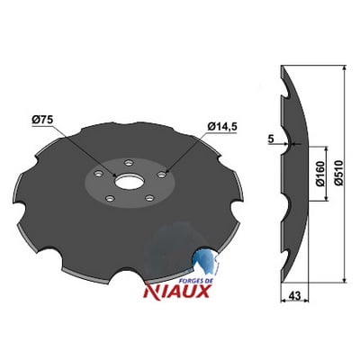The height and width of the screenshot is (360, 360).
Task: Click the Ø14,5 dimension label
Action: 222,127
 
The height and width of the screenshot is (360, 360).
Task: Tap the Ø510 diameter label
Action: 338,173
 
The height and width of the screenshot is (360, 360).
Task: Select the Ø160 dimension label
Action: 320,174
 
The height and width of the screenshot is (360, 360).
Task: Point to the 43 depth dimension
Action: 294,296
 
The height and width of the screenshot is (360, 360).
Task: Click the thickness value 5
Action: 271,139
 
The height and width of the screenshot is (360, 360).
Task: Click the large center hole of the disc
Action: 129,183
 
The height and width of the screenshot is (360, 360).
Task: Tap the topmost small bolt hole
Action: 129,163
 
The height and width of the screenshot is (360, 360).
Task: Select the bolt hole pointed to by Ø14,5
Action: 161,175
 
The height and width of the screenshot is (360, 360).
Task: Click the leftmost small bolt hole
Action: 98,174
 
